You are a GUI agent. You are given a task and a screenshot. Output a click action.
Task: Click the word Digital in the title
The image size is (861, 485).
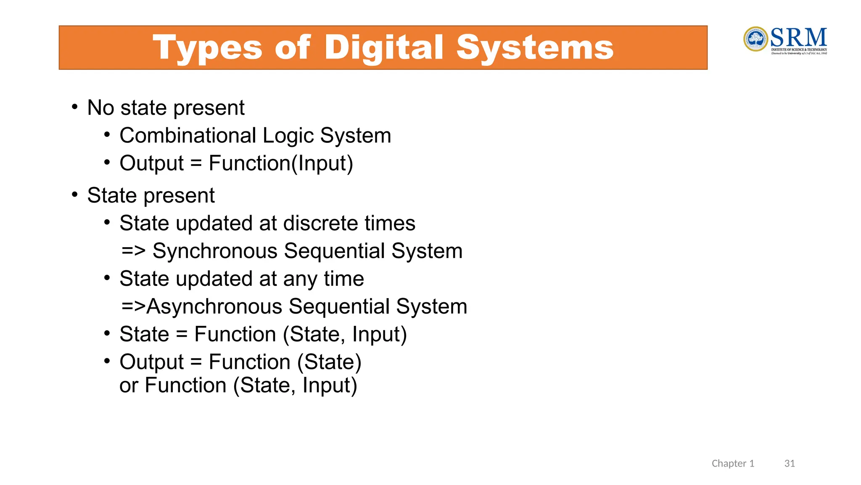pyautogui.click(x=383, y=48)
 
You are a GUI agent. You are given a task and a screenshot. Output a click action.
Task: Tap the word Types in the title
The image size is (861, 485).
pyautogui.click(x=208, y=48)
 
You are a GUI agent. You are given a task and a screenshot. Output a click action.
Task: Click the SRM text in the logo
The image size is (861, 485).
pyautogui.click(x=798, y=37)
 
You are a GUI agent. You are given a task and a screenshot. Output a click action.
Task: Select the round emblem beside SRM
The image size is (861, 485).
pyautogui.click(x=755, y=39)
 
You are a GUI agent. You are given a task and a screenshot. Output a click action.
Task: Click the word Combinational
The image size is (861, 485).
pyautogui.click(x=188, y=136)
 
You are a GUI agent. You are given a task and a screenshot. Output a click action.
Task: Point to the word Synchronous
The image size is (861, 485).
pyautogui.click(x=215, y=251)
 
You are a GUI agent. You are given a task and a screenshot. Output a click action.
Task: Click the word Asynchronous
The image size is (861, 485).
pyautogui.click(x=214, y=306)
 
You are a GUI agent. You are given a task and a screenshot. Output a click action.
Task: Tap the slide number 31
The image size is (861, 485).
pyautogui.click(x=789, y=464)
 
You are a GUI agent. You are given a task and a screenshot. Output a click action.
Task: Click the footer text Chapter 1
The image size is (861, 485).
pyautogui.click(x=733, y=464)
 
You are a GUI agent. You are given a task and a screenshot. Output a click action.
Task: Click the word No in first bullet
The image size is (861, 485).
pyautogui.click(x=100, y=108)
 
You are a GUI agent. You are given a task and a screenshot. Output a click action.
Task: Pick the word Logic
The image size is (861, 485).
pyautogui.click(x=288, y=136)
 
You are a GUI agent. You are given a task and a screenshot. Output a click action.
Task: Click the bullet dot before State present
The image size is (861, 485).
pyautogui.click(x=74, y=195)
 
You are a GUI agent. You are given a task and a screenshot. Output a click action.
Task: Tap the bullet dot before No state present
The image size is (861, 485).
pyautogui.click(x=74, y=107)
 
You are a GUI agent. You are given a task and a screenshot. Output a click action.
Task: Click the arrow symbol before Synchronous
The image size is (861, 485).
pyautogui.click(x=133, y=251)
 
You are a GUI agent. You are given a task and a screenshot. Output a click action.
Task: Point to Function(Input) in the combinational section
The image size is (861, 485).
pyautogui.click(x=280, y=163)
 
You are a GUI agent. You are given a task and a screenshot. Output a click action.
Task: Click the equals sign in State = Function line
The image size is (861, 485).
pyautogui.click(x=181, y=335)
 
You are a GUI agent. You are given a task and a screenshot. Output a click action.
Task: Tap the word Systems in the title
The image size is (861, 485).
pyautogui.click(x=535, y=48)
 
